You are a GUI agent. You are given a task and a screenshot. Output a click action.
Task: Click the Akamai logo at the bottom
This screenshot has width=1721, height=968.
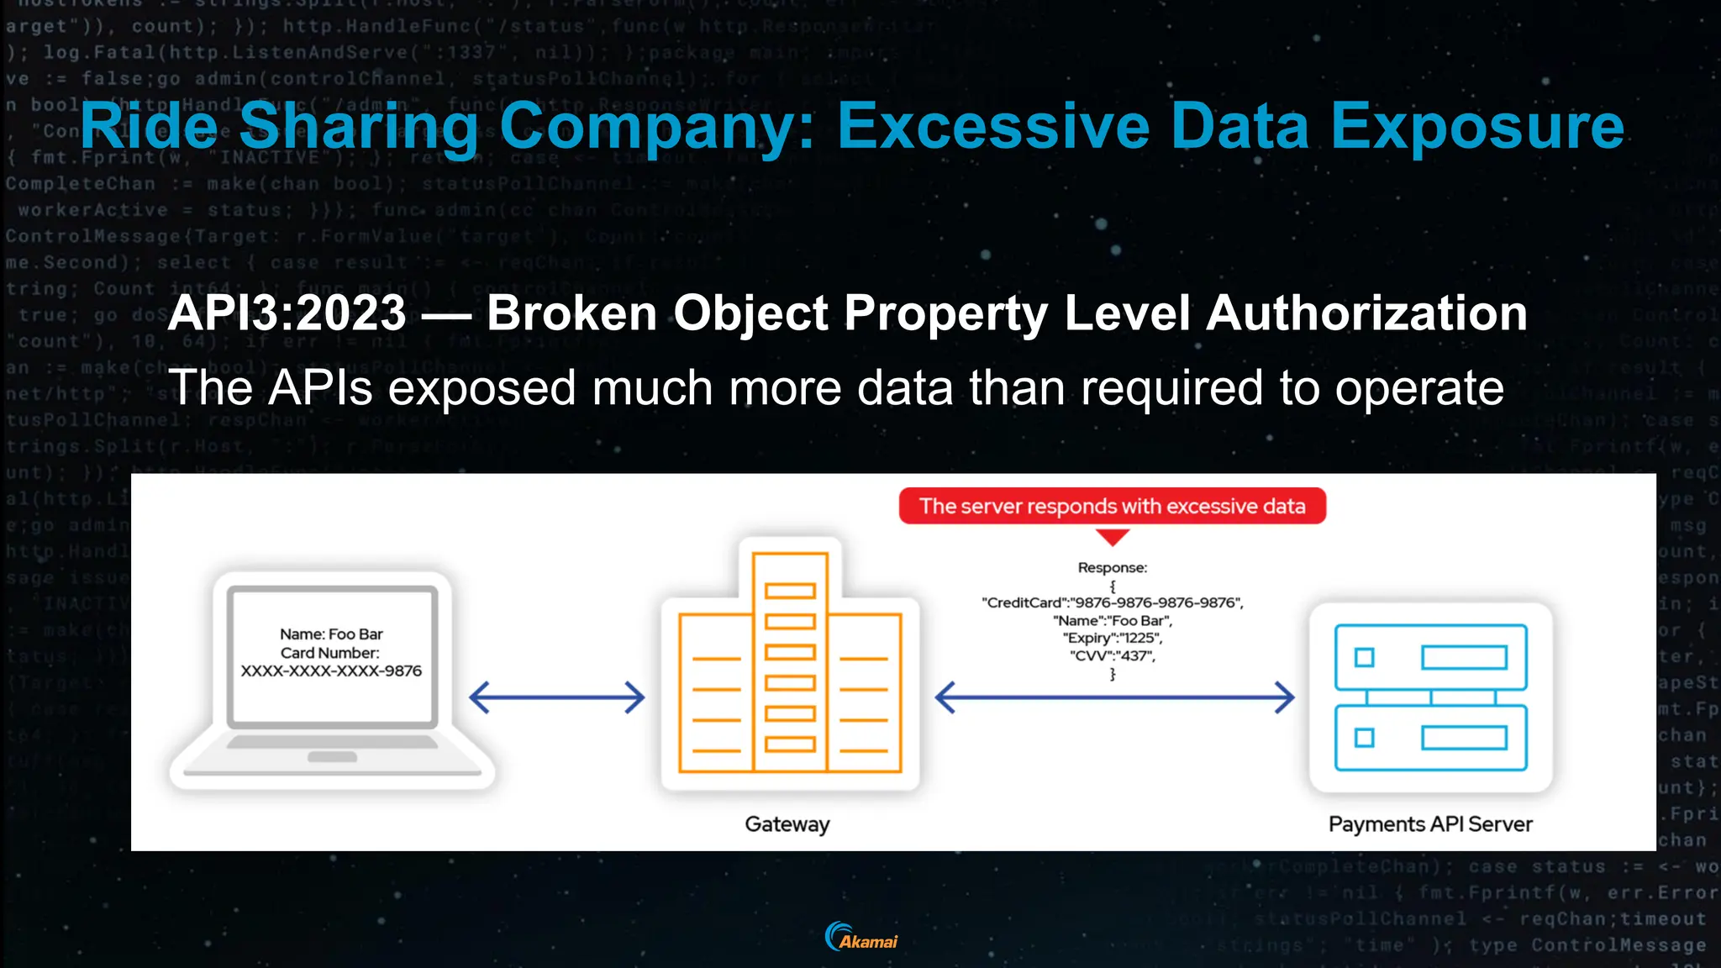[x=861, y=937]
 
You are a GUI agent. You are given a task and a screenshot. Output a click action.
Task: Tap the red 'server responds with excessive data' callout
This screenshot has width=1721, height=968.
[x=1112, y=506]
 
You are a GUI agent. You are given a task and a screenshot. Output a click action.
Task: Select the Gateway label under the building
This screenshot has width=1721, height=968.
[x=787, y=824]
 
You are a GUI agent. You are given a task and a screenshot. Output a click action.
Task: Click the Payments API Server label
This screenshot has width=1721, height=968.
[x=1430, y=824]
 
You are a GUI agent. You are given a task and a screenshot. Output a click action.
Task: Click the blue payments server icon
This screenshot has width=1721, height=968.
[x=1430, y=697]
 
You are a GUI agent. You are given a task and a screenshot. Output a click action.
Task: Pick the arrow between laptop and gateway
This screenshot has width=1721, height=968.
[x=557, y=697]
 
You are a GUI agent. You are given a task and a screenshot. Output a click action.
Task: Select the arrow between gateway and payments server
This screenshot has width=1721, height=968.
[x=1114, y=697]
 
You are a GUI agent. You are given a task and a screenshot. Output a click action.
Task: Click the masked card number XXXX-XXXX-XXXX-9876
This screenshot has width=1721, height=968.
[x=331, y=671]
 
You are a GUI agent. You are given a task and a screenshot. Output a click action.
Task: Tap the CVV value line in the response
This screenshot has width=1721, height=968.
[x=1113, y=656]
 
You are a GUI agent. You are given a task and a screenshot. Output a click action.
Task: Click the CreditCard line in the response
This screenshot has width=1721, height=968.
[x=1113, y=602]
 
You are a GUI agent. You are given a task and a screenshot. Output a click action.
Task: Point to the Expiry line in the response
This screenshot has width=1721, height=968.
[x=1113, y=639]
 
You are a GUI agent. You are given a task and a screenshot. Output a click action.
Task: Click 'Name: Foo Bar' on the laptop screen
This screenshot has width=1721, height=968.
[x=331, y=634]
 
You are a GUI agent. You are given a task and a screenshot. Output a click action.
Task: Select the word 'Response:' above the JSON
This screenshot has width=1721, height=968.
[x=1113, y=568]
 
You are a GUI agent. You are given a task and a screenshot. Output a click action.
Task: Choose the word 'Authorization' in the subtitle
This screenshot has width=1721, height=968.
[x=1366, y=313]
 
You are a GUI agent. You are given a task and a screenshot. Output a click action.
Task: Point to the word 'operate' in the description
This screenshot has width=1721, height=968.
[x=1419, y=388]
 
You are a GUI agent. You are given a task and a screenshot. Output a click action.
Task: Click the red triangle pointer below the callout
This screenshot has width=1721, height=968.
[x=1113, y=536]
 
